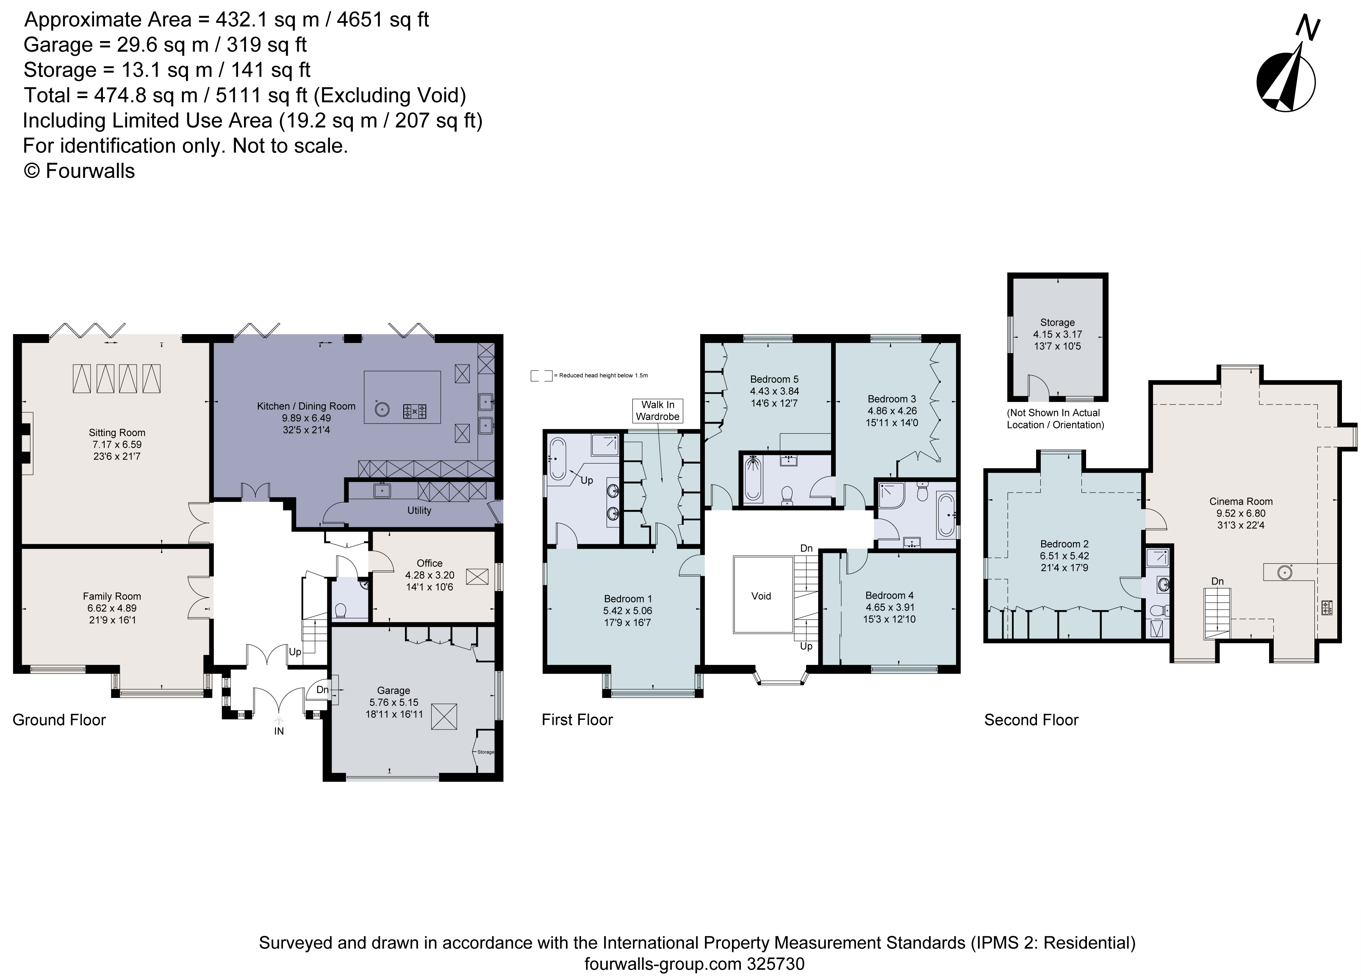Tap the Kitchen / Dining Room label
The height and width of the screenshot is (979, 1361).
click(x=306, y=406)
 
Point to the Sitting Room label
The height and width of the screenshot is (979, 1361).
click(x=117, y=432)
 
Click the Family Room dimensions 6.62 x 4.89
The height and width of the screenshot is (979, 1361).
click(x=112, y=608)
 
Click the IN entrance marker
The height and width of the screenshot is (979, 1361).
click(x=279, y=731)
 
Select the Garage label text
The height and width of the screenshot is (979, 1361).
click(x=394, y=691)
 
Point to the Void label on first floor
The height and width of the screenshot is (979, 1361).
click(x=761, y=596)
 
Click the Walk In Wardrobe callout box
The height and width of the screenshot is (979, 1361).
click(x=658, y=410)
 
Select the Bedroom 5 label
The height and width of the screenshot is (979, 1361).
click(x=774, y=379)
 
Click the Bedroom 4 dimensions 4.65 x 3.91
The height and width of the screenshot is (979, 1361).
click(x=890, y=607)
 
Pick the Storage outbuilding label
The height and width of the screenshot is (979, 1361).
click(x=1057, y=322)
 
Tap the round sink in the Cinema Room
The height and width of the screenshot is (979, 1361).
click(x=1283, y=572)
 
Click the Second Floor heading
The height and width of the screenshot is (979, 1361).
click(x=1031, y=720)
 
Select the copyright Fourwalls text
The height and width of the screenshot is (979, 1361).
click(x=79, y=171)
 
